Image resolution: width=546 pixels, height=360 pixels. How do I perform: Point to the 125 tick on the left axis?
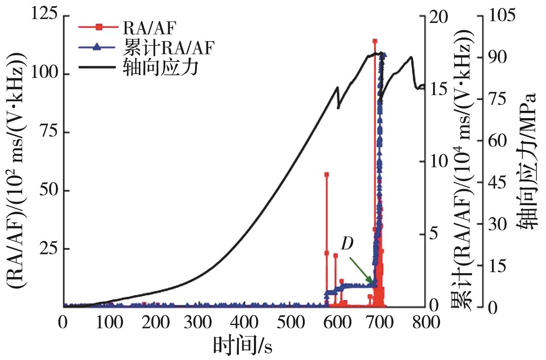coord(45,16)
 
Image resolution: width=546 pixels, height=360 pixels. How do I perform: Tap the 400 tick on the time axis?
coord(244,322)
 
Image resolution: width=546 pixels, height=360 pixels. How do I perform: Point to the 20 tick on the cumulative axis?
coord(439,16)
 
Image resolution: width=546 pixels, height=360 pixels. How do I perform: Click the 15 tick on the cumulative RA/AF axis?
coord(439,89)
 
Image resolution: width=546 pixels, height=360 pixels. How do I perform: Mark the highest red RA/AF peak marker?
coord(375,41)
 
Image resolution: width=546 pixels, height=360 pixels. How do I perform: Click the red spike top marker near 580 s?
coord(327,174)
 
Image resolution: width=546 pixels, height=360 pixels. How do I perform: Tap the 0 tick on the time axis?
coord(64,322)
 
